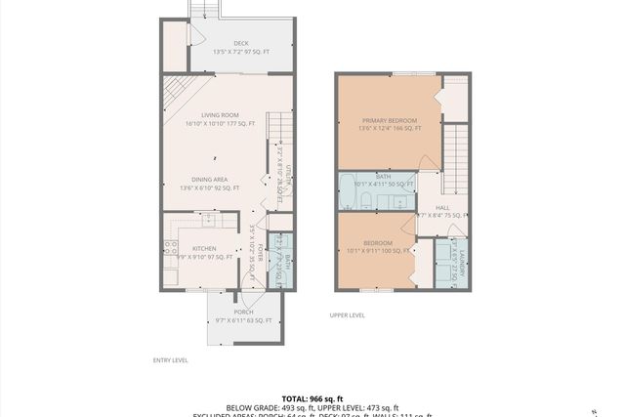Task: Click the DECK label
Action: coord(241,43)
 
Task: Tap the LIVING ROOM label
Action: coord(220,115)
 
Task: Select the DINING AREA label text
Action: coord(210,179)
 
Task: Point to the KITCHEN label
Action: coord(204,249)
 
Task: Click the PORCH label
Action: coord(243,312)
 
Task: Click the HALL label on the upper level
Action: coord(442,208)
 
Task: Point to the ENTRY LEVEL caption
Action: coord(171,360)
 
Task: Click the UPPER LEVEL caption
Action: coord(347,315)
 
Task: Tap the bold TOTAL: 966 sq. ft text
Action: coord(312,398)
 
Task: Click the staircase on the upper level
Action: coord(456,156)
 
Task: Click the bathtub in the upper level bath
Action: coord(348,198)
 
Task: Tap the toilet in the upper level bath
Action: coord(365,202)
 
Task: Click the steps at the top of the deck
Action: coord(202,9)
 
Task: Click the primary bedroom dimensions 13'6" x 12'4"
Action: coord(390,128)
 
